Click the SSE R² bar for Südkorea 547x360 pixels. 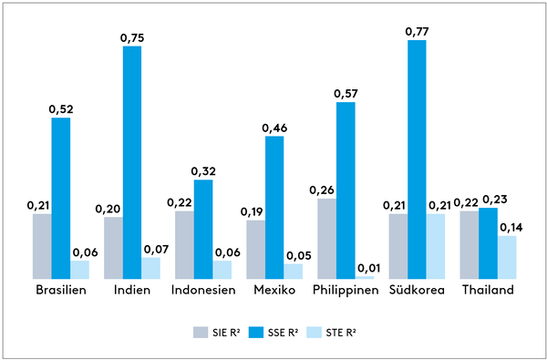pyautogui.click(x=417, y=159)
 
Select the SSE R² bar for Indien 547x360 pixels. pyautogui.click(x=132, y=162)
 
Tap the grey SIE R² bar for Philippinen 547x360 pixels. pyautogui.click(x=327, y=239)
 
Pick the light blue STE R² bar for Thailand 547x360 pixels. pyautogui.click(x=507, y=257)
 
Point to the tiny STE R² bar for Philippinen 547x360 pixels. pyautogui.click(x=365, y=278)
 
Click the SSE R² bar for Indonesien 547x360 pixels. pyautogui.click(x=203, y=230)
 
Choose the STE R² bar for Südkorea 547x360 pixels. pyautogui.click(x=436, y=247)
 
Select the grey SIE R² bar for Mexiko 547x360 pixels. pyautogui.click(x=255, y=250)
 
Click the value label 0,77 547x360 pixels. pyautogui.click(x=417, y=32)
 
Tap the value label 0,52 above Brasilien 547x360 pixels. pyautogui.click(x=61, y=109)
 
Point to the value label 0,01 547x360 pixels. pyautogui.click(x=368, y=268)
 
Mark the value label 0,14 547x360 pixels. pyautogui.click(x=511, y=228)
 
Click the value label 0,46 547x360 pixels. pyautogui.click(x=274, y=128)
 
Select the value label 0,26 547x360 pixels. pyautogui.click(x=322, y=190)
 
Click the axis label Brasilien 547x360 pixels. pyautogui.click(x=61, y=290)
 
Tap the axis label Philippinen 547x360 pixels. pyautogui.click(x=346, y=291)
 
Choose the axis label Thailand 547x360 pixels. pyautogui.click(x=488, y=290)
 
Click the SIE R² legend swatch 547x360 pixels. pyautogui.click(x=201, y=333)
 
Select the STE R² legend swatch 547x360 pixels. pyautogui.click(x=314, y=333)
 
